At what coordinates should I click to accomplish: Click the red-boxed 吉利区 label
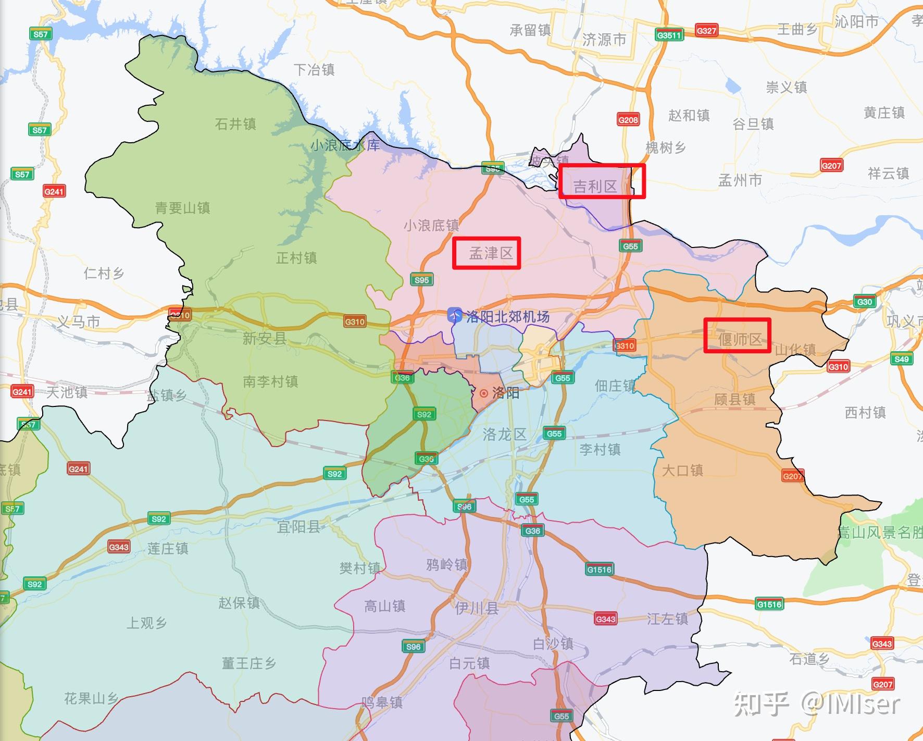click(595, 186)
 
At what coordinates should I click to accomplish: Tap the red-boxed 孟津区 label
click(491, 253)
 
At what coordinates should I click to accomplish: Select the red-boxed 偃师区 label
click(740, 340)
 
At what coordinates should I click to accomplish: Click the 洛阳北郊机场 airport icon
click(455, 315)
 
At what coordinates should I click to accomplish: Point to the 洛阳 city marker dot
click(484, 393)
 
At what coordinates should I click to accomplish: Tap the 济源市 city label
click(604, 40)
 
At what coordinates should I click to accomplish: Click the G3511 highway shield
click(669, 35)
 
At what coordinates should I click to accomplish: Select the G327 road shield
click(707, 31)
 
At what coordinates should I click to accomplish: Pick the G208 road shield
click(628, 120)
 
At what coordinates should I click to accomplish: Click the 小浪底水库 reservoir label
click(345, 145)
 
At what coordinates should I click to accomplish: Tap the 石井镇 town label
click(235, 123)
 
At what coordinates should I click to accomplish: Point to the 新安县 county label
click(265, 339)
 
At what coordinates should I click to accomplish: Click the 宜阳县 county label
click(298, 527)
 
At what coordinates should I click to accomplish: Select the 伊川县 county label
click(477, 608)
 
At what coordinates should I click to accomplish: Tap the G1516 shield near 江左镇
click(599, 570)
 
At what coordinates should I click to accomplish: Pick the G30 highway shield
click(865, 302)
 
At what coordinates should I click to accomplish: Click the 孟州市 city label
click(740, 180)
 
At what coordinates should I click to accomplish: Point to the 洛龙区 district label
click(504, 434)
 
